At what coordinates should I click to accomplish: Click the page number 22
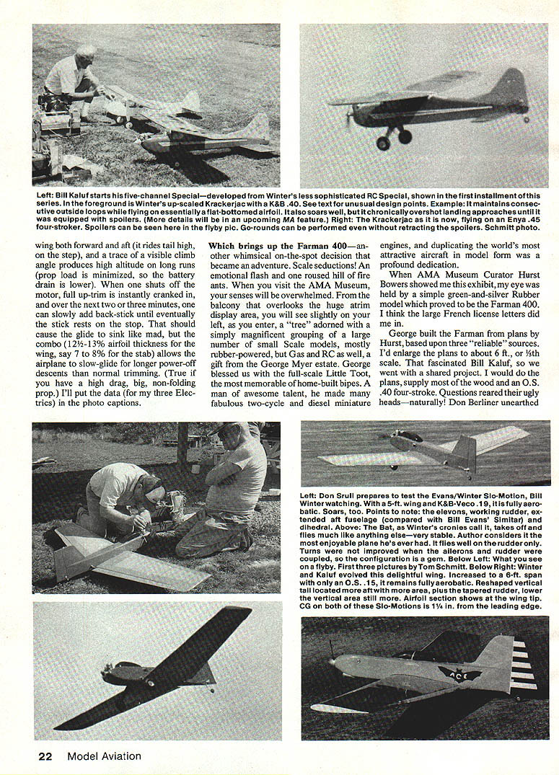click(45, 756)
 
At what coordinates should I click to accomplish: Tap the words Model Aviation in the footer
click(104, 756)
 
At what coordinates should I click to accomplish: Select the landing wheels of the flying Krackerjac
click(393, 138)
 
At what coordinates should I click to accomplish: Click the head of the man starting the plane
click(86, 53)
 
